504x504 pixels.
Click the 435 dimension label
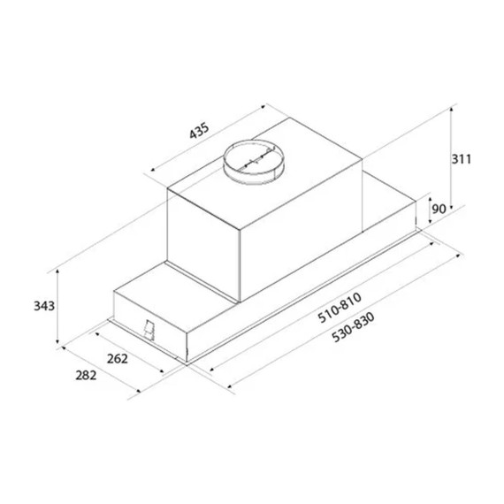199,131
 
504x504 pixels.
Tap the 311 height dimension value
462,159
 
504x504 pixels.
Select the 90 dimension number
439,210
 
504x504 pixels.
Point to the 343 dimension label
44,306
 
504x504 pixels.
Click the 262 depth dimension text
118,359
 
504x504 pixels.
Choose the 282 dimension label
86,375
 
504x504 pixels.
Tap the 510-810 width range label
340,308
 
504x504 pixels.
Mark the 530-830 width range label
353,327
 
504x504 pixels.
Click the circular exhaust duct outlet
254,163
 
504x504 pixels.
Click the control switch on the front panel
149,330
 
